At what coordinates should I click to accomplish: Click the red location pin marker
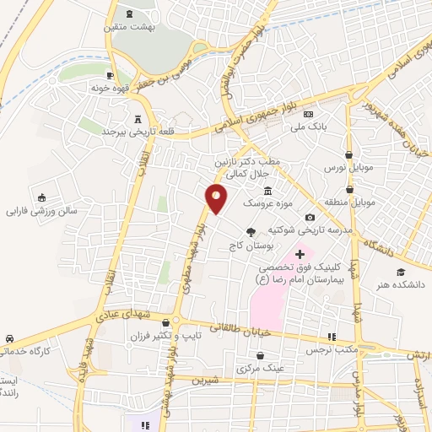click(x=217, y=198)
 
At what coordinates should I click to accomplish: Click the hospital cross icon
click(x=300, y=254)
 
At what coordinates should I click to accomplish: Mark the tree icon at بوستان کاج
click(x=251, y=231)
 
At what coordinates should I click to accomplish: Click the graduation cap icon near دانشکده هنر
click(x=402, y=272)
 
